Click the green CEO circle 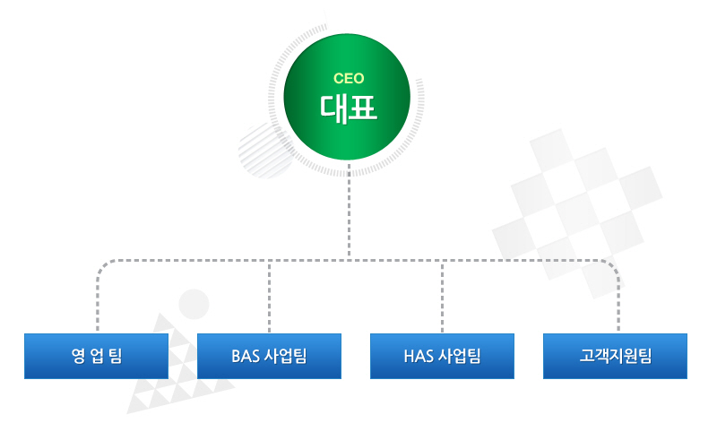pos(347,97)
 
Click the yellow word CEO pos(349,79)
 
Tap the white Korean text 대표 pos(349,109)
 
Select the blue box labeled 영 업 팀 pos(96,356)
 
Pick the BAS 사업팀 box pos(270,356)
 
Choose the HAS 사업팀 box pos(442,356)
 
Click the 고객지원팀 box pos(615,356)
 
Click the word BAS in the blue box pos(245,356)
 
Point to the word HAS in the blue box pos(419,356)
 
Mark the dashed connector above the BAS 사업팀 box pos(270,297)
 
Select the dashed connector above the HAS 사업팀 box pos(442,297)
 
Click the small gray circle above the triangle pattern pos(194,304)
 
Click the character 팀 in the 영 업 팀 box pos(116,356)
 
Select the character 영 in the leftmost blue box pos(78,356)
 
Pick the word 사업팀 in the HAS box pos(460,356)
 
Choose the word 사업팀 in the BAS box pos(286,356)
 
